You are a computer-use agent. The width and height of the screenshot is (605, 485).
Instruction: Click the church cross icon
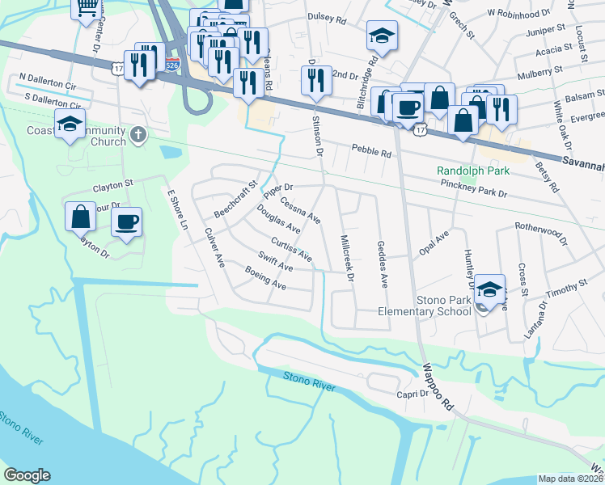click(137, 135)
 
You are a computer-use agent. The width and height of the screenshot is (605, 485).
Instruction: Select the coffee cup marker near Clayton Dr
click(126, 222)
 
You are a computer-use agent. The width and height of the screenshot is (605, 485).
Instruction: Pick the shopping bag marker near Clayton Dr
click(81, 217)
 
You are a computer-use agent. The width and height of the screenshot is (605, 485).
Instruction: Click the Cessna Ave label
click(300, 213)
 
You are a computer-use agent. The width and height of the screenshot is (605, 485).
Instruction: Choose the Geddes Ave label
click(383, 264)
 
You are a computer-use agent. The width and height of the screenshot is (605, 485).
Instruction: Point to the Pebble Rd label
click(371, 150)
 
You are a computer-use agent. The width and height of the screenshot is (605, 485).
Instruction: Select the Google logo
click(27, 475)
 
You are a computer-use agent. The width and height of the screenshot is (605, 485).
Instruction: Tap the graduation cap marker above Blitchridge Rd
click(382, 37)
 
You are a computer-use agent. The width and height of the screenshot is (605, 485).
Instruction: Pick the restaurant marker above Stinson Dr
click(315, 80)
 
